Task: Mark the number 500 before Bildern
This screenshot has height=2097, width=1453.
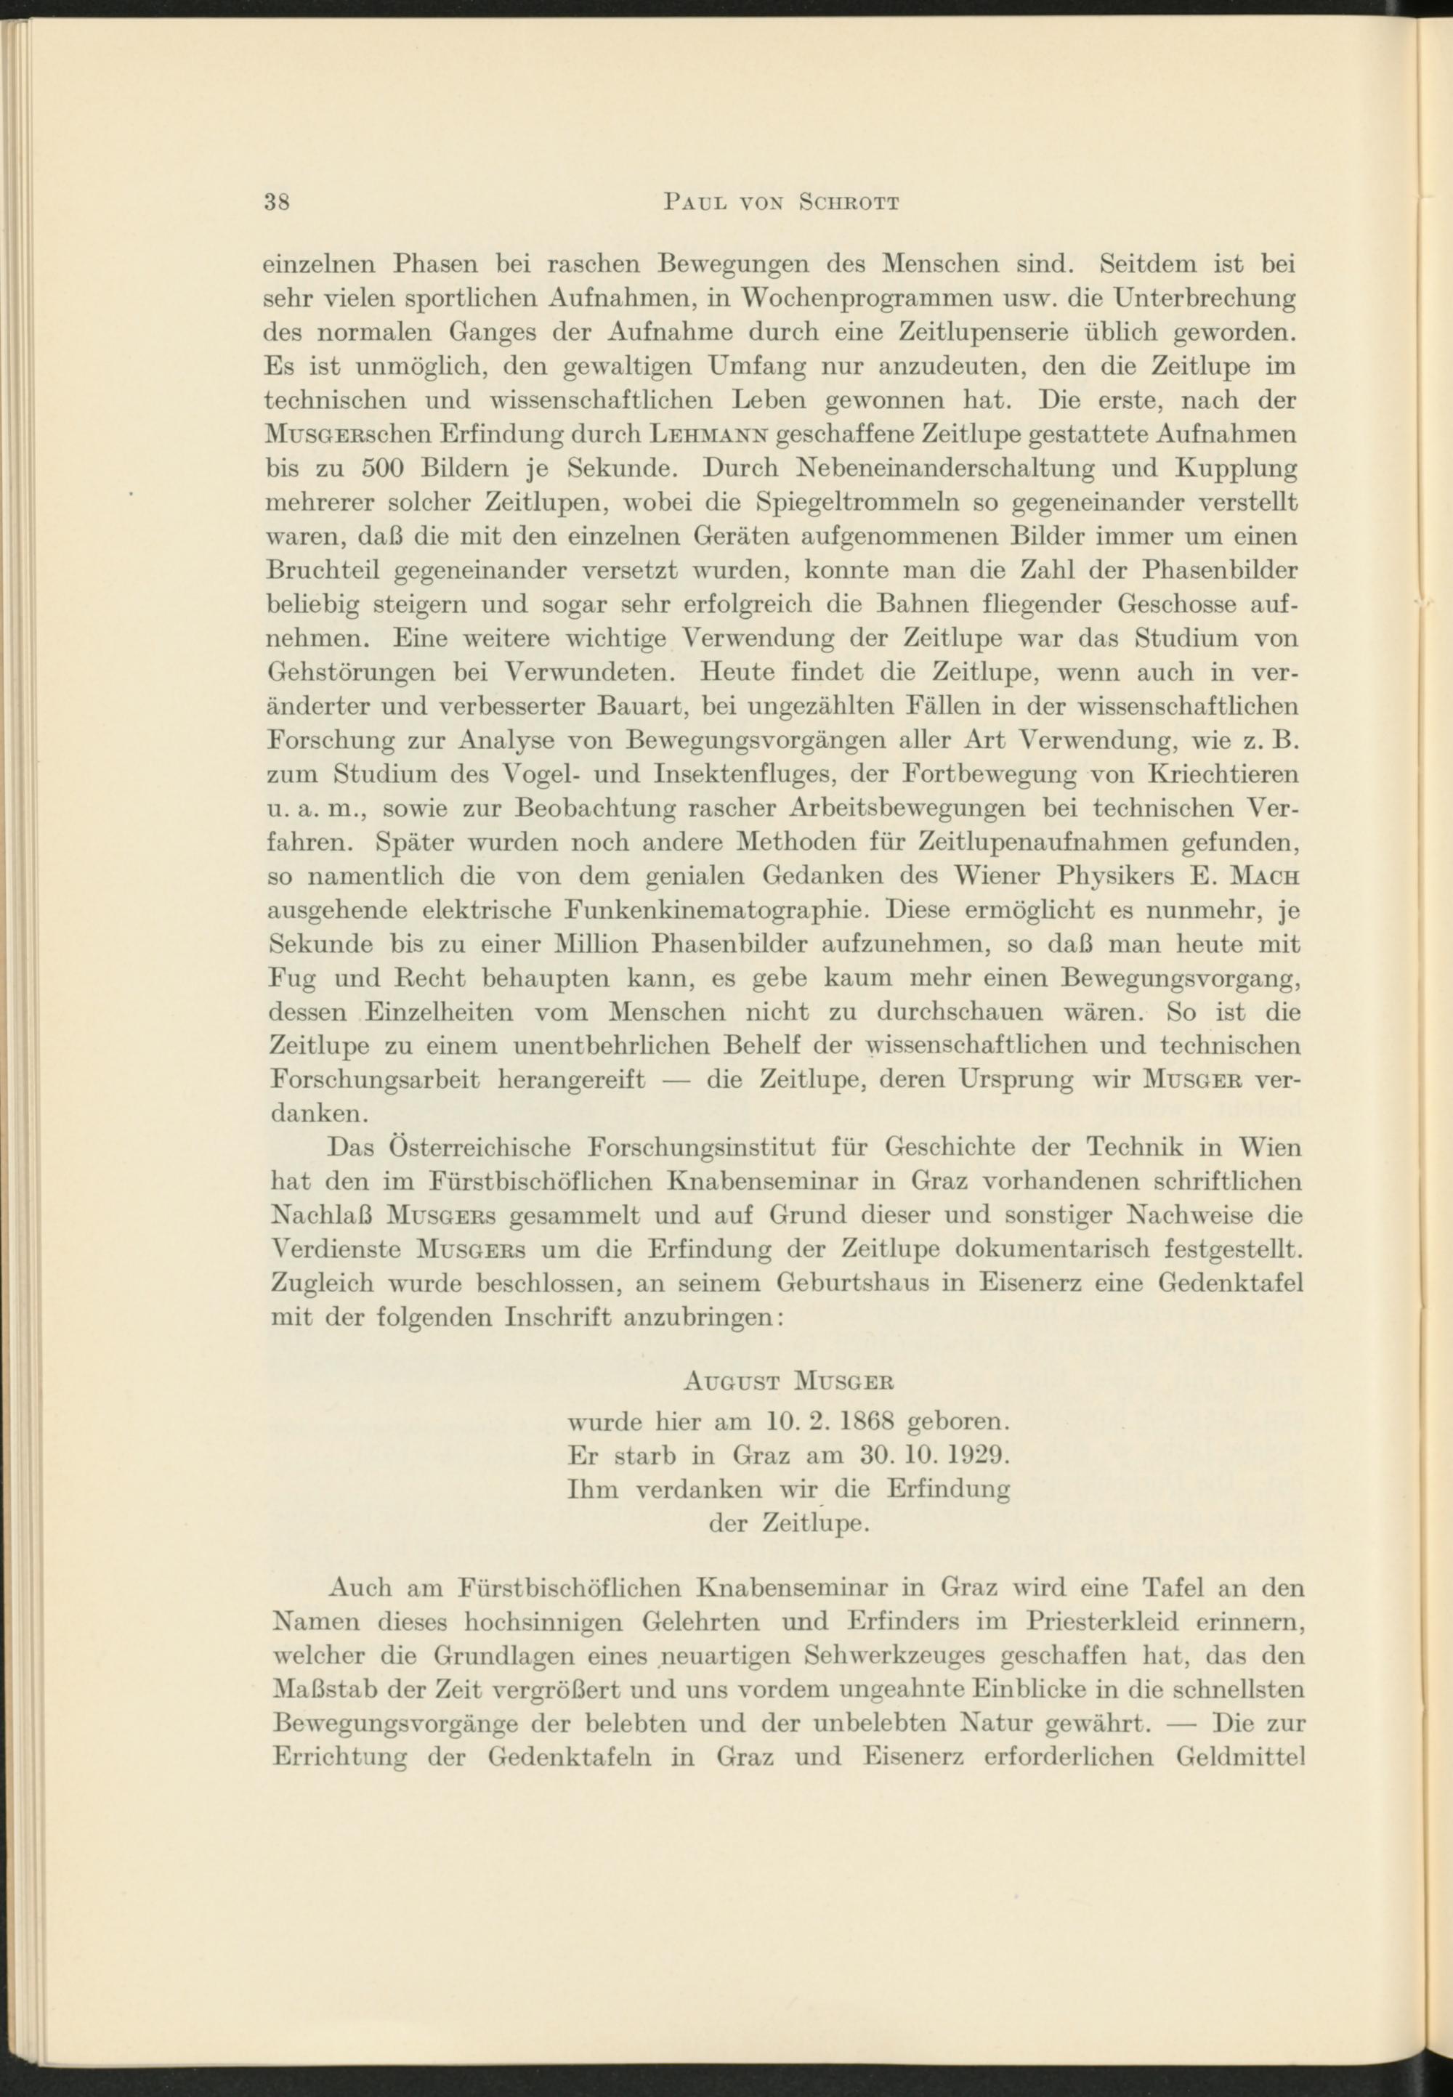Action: pyautogui.click(x=386, y=470)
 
